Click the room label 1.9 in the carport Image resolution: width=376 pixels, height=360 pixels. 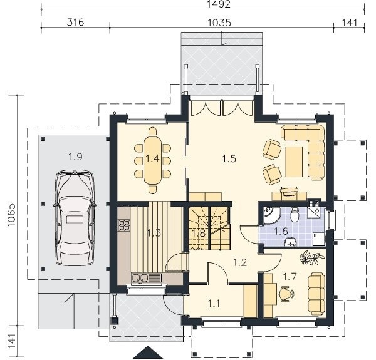pyautogui.click(x=76, y=157)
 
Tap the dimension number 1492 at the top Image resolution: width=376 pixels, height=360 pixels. pyautogui.click(x=219, y=4)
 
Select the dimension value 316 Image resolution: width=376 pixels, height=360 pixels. pyautogui.click(x=76, y=23)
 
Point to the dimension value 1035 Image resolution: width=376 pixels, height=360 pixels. pyautogui.click(x=219, y=23)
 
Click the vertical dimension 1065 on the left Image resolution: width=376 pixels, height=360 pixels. pyautogui.click(x=11, y=215)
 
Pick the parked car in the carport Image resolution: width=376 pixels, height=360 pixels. pyautogui.click(x=75, y=217)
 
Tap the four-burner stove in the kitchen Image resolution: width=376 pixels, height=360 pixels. pyautogui.click(x=124, y=225)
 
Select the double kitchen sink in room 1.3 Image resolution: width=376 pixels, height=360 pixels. pyautogui.click(x=140, y=278)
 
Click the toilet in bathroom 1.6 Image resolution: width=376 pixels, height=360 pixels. pyautogui.click(x=294, y=215)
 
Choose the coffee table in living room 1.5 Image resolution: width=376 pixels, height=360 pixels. pyautogui.click(x=294, y=162)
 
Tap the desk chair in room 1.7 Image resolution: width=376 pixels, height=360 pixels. pyautogui.click(x=286, y=294)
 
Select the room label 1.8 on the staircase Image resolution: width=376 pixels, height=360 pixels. pyautogui.click(x=199, y=233)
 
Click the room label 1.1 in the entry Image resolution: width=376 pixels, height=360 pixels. pyautogui.click(x=214, y=304)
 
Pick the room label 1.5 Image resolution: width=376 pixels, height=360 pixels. pyautogui.click(x=229, y=158)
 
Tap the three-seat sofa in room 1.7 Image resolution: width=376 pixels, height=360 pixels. pyautogui.click(x=316, y=294)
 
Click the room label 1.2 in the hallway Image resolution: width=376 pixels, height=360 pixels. pyautogui.click(x=240, y=262)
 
